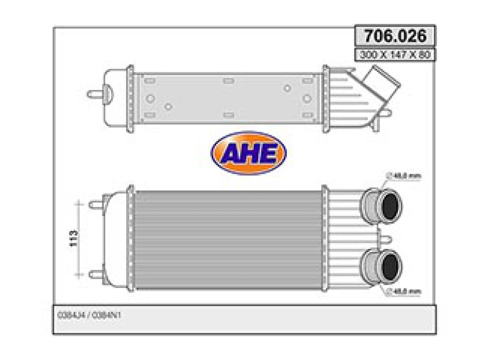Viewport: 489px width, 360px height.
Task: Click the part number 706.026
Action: (395, 36)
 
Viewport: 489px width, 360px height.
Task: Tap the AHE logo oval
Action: (248, 153)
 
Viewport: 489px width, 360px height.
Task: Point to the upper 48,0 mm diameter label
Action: (407, 176)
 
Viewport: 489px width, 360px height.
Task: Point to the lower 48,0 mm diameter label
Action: (407, 292)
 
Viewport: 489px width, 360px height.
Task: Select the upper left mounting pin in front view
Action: (96, 205)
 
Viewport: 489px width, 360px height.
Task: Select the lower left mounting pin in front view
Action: (96, 274)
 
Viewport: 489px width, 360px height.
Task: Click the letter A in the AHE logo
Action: (230, 153)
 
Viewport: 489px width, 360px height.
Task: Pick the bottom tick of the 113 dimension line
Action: (79, 275)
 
